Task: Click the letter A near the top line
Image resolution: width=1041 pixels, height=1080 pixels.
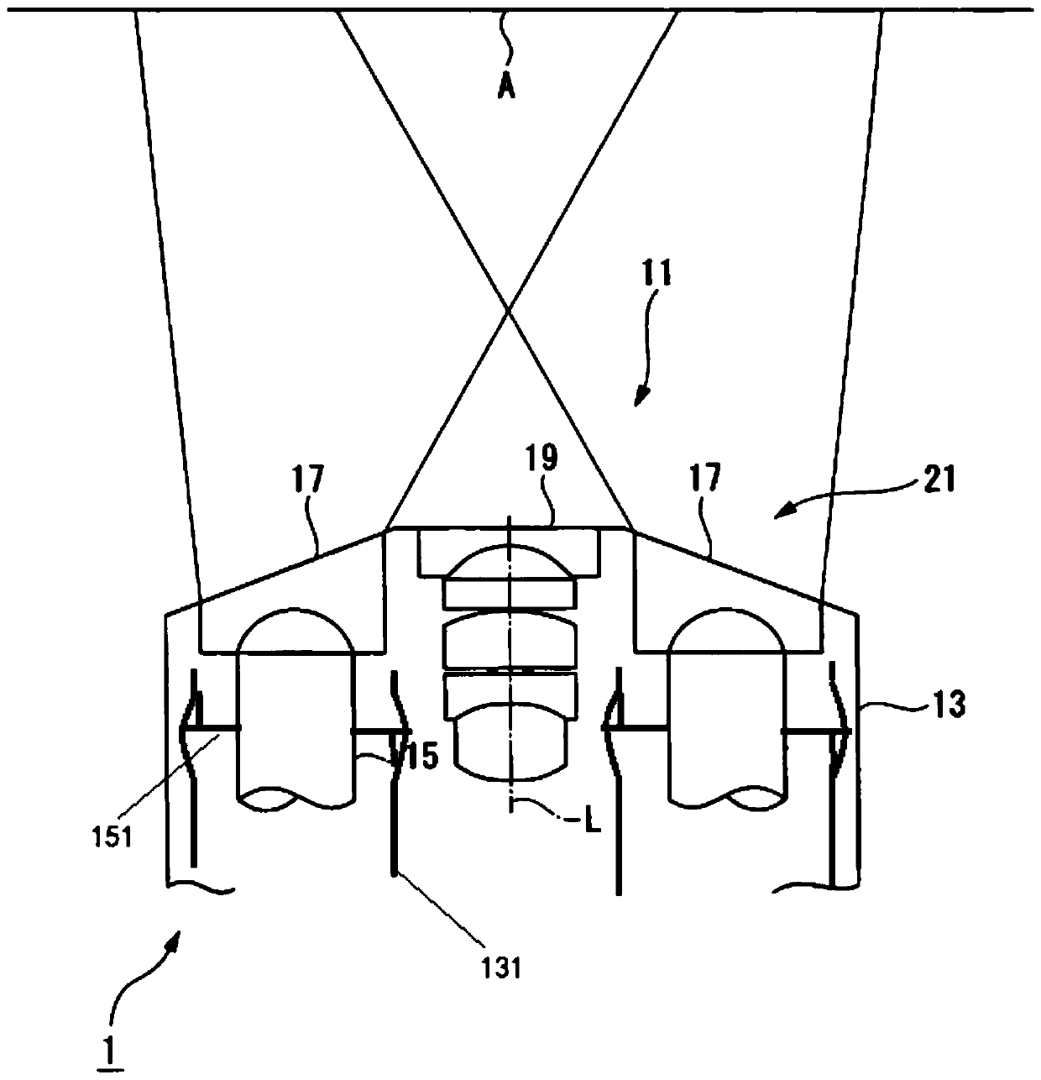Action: (506, 87)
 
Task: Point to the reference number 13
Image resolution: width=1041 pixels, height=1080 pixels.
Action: (948, 704)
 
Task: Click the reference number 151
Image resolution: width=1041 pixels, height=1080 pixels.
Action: (112, 836)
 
